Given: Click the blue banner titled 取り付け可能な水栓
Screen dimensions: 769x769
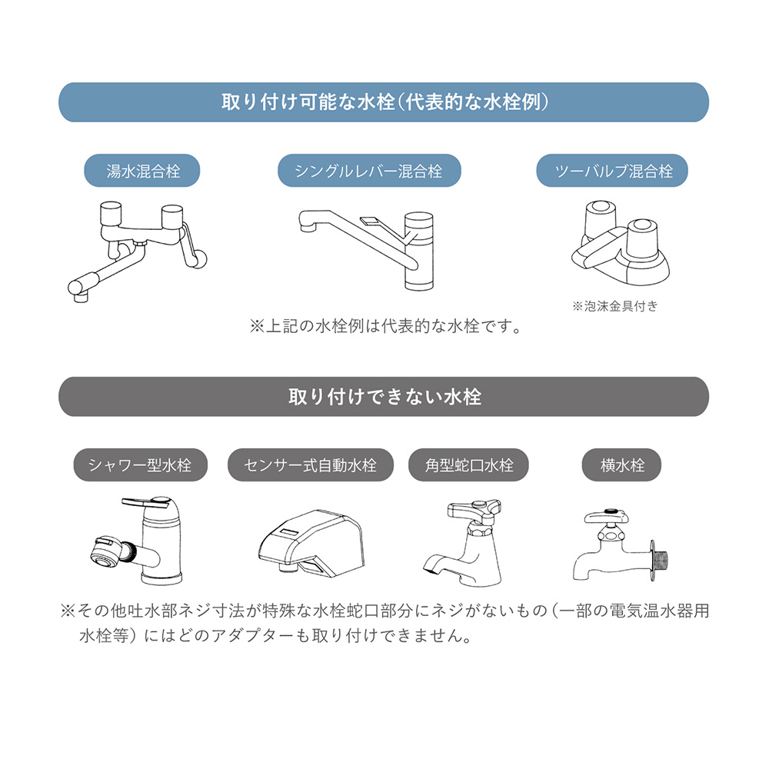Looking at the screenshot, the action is [x=384, y=102].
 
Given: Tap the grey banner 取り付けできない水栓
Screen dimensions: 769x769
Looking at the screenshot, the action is [x=384, y=397].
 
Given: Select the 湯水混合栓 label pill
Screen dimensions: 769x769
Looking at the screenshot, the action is [x=142, y=171].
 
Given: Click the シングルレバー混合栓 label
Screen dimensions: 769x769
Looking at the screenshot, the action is [x=369, y=171].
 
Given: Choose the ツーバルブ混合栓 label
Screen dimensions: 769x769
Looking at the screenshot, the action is [x=612, y=171].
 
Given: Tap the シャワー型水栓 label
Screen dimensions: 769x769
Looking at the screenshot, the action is [x=140, y=465].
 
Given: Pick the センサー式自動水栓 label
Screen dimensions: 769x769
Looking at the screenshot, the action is [x=311, y=465].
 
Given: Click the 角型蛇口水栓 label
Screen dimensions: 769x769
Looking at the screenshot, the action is [x=468, y=465].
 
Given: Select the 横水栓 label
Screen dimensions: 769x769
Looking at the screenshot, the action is [x=621, y=465].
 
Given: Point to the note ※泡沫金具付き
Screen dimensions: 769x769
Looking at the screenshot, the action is [x=615, y=307].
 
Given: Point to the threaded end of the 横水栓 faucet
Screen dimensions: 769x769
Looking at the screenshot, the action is [x=660, y=561].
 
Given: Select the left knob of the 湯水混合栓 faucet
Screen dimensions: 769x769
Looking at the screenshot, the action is [x=110, y=214].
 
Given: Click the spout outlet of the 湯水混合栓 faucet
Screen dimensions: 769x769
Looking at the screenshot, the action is [x=80, y=296].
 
